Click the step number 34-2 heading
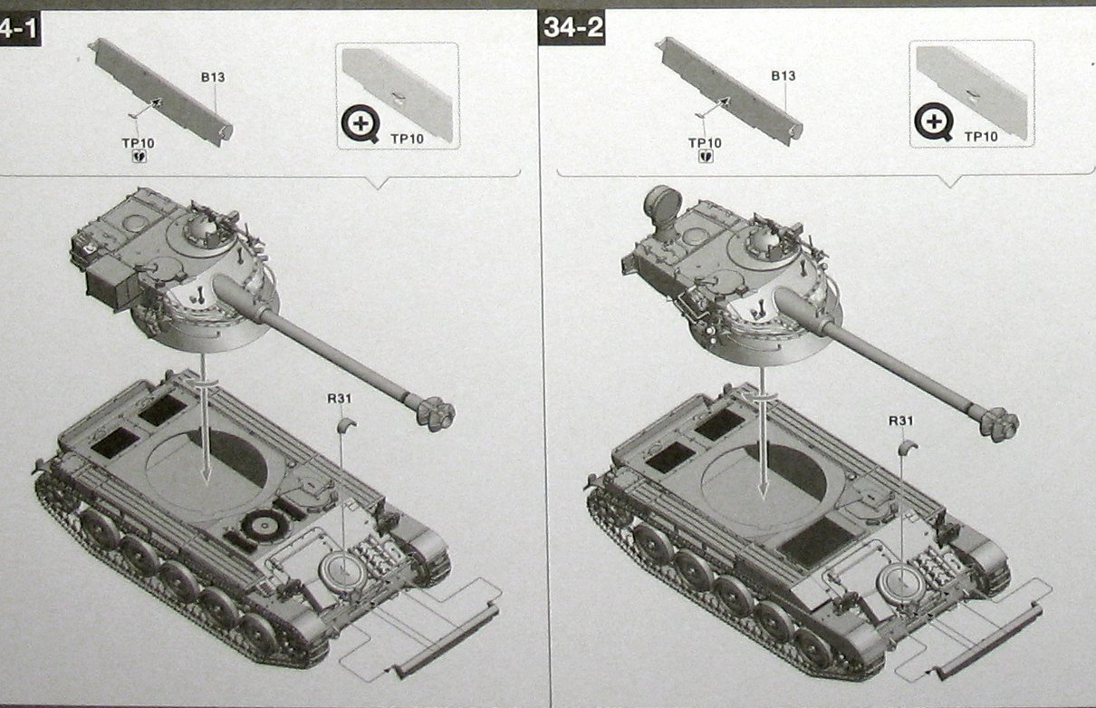click(572, 27)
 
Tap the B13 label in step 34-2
click(783, 76)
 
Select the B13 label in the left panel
click(213, 77)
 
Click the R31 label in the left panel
click(340, 399)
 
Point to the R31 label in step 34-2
click(900, 421)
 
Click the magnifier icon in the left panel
click(361, 123)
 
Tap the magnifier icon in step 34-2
click(934, 121)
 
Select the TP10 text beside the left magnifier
click(407, 139)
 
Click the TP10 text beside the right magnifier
click(981, 137)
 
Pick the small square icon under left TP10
click(139, 157)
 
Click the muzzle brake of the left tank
click(436, 413)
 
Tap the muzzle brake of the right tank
click(1000, 424)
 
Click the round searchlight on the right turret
click(662, 205)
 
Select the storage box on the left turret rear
click(111, 283)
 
